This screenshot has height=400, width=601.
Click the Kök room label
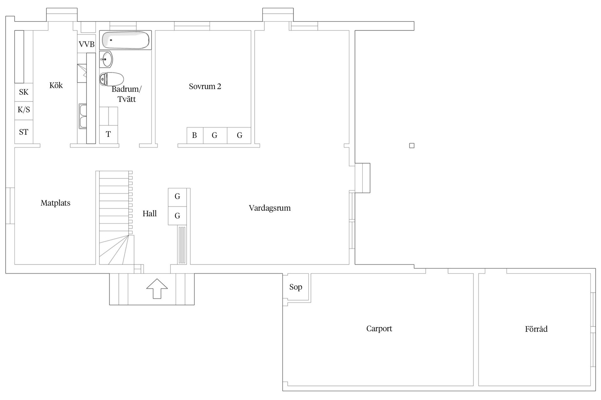click(56, 85)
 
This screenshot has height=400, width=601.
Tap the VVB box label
click(86, 44)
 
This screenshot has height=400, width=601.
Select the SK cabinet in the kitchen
click(24, 92)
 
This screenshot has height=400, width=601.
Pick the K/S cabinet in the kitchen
click(24, 110)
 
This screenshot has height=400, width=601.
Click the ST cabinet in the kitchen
click(24, 132)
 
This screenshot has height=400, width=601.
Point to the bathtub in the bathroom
click(126, 40)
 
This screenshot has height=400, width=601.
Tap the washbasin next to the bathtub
click(106, 59)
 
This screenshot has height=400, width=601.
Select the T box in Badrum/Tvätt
click(108, 134)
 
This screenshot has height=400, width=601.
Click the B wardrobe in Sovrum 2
click(195, 135)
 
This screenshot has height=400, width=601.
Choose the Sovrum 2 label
click(205, 86)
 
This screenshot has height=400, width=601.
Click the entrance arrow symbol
click(157, 288)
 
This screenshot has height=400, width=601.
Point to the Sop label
click(295, 287)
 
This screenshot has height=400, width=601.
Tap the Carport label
click(379, 328)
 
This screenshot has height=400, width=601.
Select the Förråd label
click(536, 329)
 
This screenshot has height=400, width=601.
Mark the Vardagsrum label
click(270, 208)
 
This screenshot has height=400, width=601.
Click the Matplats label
click(55, 203)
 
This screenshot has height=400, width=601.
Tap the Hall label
click(150, 213)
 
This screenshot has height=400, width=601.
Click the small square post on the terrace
click(412, 146)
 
